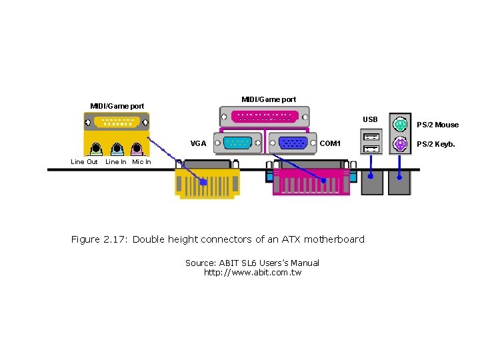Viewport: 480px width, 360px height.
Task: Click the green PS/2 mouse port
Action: pos(400,124)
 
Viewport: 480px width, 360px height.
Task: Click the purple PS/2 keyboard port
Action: pos(400,144)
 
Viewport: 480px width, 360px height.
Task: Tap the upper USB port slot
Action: pos(371,137)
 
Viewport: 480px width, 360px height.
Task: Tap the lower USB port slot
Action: pos(371,148)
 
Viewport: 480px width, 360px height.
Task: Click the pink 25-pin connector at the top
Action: pos(264,117)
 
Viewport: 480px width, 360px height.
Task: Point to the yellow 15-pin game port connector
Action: pos(117,122)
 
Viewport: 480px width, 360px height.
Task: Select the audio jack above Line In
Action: pos(117,149)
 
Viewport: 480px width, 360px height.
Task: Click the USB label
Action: pos(370,120)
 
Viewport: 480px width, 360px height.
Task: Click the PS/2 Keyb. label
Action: pos(436,144)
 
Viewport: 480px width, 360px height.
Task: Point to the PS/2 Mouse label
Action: pos(437,125)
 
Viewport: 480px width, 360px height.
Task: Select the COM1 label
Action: pos(330,143)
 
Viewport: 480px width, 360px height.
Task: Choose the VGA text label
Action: pos(198,143)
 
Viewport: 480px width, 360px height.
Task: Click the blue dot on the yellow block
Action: pos(204,181)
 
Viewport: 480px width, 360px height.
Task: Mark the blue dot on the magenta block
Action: pos(324,180)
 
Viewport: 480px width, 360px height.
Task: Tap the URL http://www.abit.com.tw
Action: pos(253,273)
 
